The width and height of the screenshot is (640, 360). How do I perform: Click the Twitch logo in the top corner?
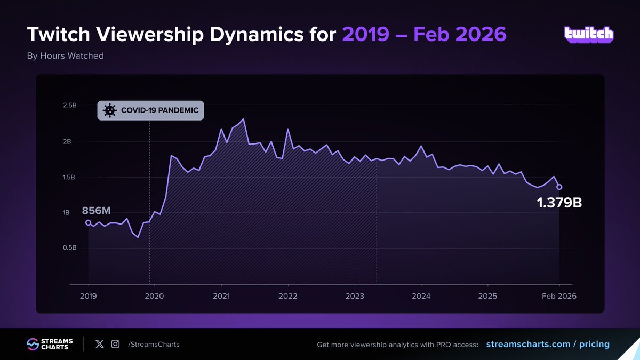point(589,35)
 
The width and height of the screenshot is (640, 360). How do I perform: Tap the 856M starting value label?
point(95,210)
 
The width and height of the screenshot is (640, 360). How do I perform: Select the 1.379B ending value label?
point(559,203)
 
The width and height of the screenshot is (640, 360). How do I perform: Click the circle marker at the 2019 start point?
point(88,223)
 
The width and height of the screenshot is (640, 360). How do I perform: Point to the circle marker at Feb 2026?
point(559,187)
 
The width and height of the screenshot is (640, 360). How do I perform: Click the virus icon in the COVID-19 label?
point(109,110)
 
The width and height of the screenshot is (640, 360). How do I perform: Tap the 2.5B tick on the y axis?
point(69,106)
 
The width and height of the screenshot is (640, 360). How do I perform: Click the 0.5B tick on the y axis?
point(69,248)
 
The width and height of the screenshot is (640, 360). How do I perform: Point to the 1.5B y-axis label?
point(69,177)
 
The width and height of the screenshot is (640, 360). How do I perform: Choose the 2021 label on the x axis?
point(221,295)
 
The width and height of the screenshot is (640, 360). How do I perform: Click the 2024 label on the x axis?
point(421,295)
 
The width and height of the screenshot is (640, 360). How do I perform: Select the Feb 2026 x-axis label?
point(559,295)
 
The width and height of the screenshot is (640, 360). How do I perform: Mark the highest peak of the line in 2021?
point(243,119)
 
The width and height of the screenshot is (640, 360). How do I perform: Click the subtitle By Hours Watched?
point(65,55)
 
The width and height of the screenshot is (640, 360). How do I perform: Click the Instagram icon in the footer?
point(115,344)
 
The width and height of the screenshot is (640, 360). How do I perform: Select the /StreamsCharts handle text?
point(154,345)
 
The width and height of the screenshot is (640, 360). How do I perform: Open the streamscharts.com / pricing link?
point(548,344)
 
